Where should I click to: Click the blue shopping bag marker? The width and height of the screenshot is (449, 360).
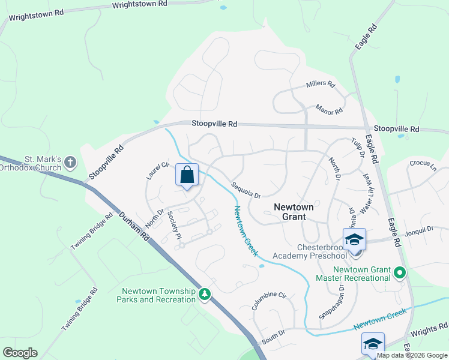(x=187, y=175)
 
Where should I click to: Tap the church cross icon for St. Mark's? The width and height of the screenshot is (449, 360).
(x=70, y=162)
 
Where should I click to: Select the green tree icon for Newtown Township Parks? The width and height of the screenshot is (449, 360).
(x=205, y=293)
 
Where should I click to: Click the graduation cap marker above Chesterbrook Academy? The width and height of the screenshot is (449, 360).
(x=355, y=239)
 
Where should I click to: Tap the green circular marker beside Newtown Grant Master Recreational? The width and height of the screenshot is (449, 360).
(x=399, y=274)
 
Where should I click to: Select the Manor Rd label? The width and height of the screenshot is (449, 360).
(x=329, y=110)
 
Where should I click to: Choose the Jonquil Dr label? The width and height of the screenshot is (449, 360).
(x=418, y=230)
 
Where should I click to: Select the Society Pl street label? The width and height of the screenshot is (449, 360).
(x=175, y=225)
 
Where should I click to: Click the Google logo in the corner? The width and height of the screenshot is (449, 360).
(x=20, y=353)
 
